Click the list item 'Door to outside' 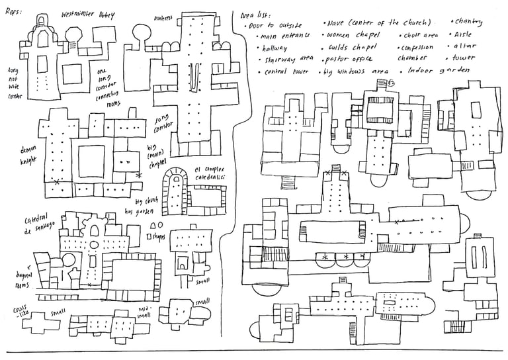click(x=275, y=25)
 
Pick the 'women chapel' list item click(x=355, y=35)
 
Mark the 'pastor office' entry click(x=351, y=58)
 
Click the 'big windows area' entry click(x=355, y=70)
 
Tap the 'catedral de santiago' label click(x=40, y=225)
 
